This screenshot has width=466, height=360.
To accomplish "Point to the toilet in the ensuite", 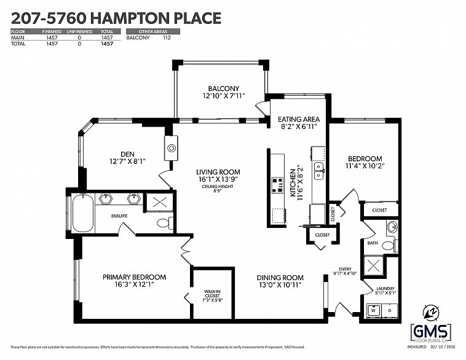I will click(163, 222).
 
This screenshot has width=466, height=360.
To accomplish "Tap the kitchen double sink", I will click(318, 170).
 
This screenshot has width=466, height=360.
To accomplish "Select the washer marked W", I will click(373, 311).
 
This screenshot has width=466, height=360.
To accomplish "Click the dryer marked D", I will click(390, 311).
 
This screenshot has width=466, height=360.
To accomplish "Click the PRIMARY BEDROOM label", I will click(134, 277).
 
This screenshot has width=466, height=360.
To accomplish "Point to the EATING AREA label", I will click(298, 119).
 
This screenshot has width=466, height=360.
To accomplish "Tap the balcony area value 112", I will click(166, 37).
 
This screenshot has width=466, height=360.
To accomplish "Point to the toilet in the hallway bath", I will click(387, 246).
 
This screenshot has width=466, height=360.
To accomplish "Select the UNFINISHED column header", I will click(80, 31).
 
